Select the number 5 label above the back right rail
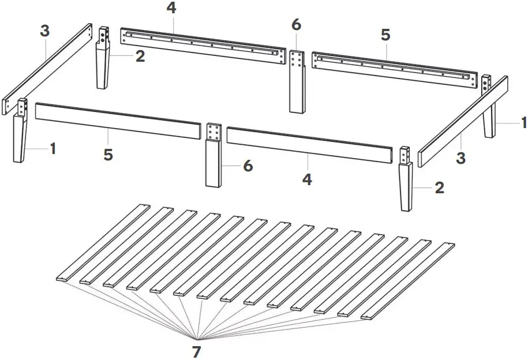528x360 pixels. [385, 35]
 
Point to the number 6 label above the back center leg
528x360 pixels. [296, 25]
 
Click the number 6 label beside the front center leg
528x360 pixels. [248, 166]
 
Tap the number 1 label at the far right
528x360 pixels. [523, 122]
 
